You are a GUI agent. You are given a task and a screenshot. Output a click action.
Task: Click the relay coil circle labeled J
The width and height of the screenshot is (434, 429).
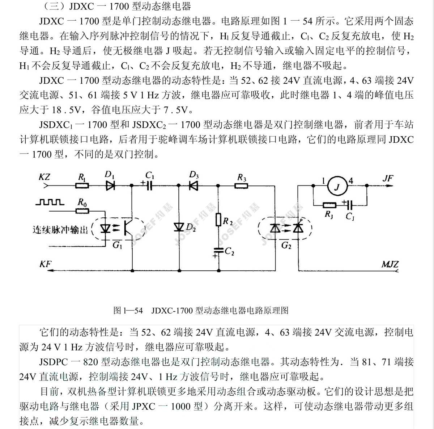pyautogui.click(x=337, y=187)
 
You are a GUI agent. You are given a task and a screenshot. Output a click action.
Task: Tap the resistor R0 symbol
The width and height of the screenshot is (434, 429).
pyautogui.click(x=82, y=211)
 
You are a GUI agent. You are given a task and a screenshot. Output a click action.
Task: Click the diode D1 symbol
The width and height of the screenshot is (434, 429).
pyautogui.click(x=110, y=186)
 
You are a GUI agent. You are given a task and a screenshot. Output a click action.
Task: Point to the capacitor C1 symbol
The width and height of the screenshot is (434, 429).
pyautogui.click(x=149, y=186)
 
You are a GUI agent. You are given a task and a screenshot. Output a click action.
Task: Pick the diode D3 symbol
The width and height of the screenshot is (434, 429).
pyautogui.click(x=194, y=186)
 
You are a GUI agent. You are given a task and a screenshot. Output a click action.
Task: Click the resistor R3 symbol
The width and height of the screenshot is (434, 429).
pyautogui.click(x=241, y=186)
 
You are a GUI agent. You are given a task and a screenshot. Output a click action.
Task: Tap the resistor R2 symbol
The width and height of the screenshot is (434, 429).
pyautogui.click(x=218, y=220)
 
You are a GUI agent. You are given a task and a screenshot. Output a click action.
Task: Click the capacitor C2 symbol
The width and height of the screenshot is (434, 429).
pyautogui.click(x=218, y=250)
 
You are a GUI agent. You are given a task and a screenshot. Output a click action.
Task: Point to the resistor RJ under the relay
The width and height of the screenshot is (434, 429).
pyautogui.click(x=329, y=205)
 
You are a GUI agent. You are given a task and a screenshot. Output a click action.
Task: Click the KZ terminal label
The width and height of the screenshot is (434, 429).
pyautogui.click(x=44, y=177)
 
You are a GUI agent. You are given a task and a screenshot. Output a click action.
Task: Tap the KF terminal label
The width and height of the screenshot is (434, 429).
pyautogui.click(x=45, y=265)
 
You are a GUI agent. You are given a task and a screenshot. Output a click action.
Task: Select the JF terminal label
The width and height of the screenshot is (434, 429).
pyautogui.click(x=388, y=179)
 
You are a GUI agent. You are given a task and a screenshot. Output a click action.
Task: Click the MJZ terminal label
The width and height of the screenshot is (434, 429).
pyautogui.click(x=390, y=264)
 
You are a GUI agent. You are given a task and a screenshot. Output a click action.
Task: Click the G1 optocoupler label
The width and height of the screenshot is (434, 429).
pyautogui.click(x=117, y=245)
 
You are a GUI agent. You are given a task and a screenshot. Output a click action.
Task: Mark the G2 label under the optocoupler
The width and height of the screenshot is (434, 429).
pyautogui.click(x=286, y=246)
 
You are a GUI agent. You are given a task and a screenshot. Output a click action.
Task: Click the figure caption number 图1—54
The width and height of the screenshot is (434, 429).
pyautogui.click(x=128, y=311)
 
